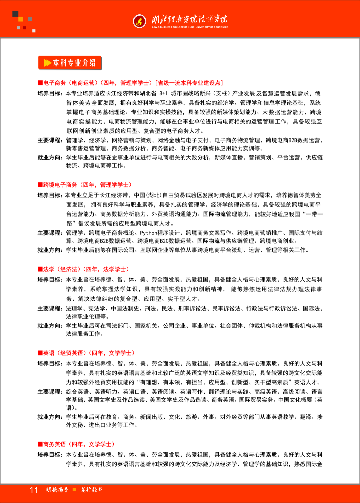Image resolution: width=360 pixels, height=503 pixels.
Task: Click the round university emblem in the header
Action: coord(139,21)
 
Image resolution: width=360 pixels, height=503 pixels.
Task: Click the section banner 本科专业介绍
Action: coord(70,63)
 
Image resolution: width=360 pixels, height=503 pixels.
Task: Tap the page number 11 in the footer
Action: coord(34,490)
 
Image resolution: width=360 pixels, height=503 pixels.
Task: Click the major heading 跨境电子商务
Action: coord(60,184)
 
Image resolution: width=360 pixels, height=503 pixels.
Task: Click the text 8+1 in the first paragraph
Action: coord(163,94)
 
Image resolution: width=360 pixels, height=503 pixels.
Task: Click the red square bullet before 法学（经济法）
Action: coord(40,269)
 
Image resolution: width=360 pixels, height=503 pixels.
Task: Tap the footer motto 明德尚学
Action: coord(57,490)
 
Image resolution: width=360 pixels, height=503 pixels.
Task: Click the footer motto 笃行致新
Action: coord(92,490)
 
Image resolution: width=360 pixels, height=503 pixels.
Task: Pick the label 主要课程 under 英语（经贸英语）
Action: coord(50,392)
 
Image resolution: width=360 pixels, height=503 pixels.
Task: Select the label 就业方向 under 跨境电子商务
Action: coord(50,250)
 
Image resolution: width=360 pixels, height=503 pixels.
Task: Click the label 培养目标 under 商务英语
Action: coord(50,455)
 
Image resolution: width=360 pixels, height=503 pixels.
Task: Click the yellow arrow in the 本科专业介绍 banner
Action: coord(47,63)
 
